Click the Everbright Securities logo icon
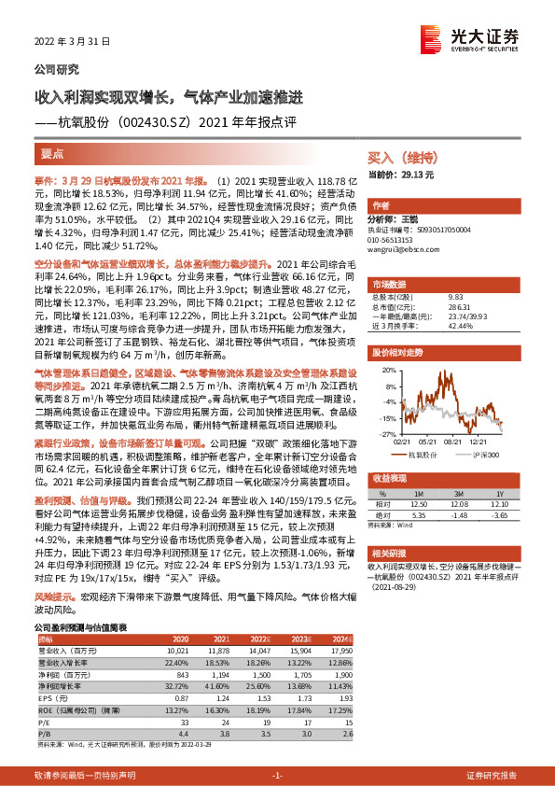(x=431, y=40)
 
